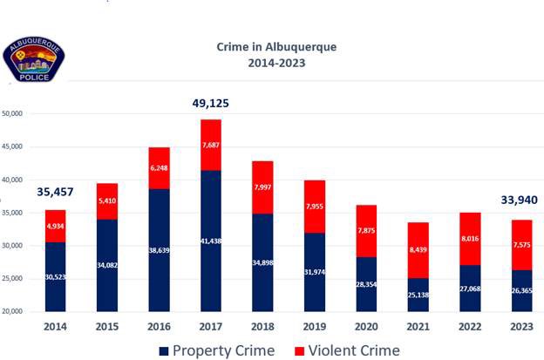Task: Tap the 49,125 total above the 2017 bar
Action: tap(210, 104)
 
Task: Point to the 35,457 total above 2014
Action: tap(55, 192)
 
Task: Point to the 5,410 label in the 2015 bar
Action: tap(107, 200)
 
